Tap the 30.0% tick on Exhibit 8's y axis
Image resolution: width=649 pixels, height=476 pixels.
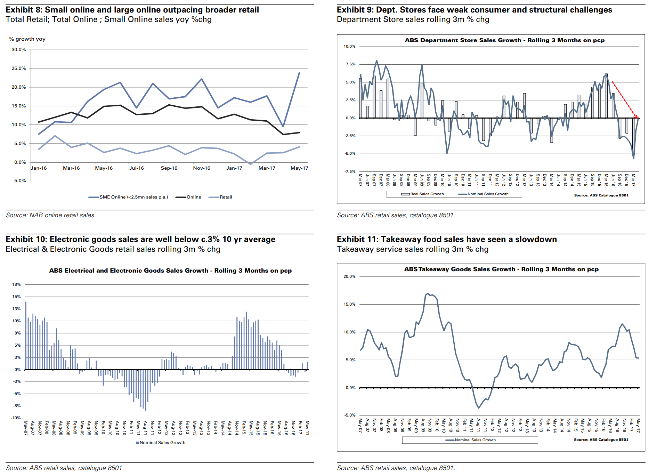(19, 50)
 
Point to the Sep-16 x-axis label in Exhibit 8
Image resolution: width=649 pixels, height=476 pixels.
(169, 168)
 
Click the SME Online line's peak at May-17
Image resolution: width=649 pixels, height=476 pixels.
(299, 73)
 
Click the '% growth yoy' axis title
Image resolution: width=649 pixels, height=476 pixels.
(27, 39)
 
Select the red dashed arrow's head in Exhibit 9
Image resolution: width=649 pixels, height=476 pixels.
(637, 118)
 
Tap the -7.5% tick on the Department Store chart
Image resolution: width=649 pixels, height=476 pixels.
(350, 171)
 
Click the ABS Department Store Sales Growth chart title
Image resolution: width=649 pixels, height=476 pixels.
(504, 40)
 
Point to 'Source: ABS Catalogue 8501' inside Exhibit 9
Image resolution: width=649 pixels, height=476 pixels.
(601, 195)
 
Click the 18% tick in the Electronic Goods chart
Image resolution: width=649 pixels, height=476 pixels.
(17, 284)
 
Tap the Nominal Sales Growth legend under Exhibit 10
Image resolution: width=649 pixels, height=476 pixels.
(162, 443)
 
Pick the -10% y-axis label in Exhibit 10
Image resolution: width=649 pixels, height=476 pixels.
(16, 418)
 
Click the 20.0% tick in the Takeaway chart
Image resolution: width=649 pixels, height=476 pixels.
(349, 276)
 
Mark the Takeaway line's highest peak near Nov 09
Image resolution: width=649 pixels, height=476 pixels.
(428, 294)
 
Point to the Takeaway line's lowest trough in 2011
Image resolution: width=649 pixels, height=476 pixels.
(479, 408)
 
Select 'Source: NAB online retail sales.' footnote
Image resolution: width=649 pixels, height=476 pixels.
(51, 215)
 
